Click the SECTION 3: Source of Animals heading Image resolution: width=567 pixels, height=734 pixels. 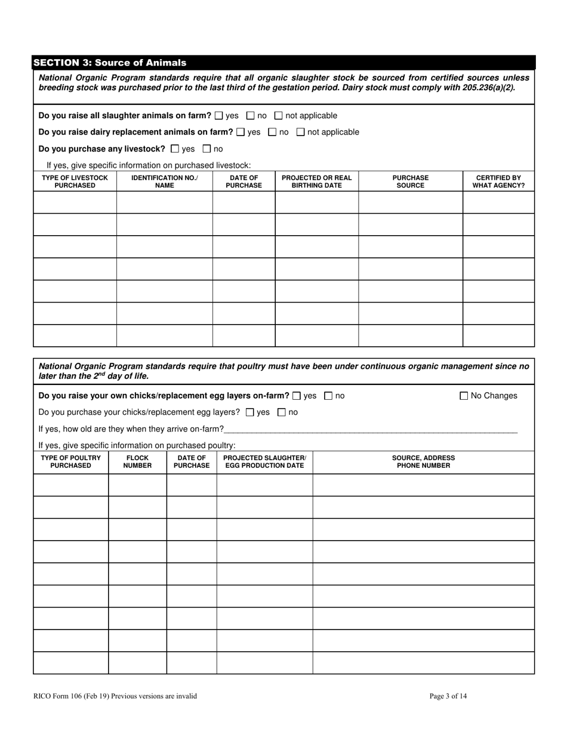(x=110, y=63)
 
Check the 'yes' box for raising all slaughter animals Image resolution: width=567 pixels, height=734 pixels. (x=218, y=116)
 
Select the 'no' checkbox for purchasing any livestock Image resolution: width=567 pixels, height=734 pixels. (x=207, y=149)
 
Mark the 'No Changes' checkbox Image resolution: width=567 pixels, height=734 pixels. (x=464, y=396)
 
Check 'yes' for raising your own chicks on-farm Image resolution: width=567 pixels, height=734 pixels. (x=297, y=396)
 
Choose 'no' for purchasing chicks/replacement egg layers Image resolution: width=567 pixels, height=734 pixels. (x=282, y=412)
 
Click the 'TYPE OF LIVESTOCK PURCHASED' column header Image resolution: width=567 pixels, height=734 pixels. (x=75, y=181)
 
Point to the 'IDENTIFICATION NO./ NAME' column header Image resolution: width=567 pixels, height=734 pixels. (x=164, y=181)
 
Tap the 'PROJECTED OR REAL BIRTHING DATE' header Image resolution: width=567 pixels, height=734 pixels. (x=316, y=181)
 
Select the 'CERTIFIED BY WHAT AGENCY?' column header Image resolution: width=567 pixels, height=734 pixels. (x=498, y=181)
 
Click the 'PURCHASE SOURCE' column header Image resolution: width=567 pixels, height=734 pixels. (x=410, y=181)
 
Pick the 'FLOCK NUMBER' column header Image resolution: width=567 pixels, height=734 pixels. (x=137, y=462)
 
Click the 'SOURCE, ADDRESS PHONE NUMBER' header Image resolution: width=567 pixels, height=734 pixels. (x=423, y=462)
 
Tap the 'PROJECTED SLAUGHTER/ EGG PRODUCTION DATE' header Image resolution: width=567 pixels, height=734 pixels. (x=264, y=462)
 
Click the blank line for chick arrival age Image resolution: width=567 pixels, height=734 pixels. (x=370, y=428)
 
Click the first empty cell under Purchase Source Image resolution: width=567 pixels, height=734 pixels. (x=410, y=202)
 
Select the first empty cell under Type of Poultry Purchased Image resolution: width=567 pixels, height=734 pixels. (x=70, y=485)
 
